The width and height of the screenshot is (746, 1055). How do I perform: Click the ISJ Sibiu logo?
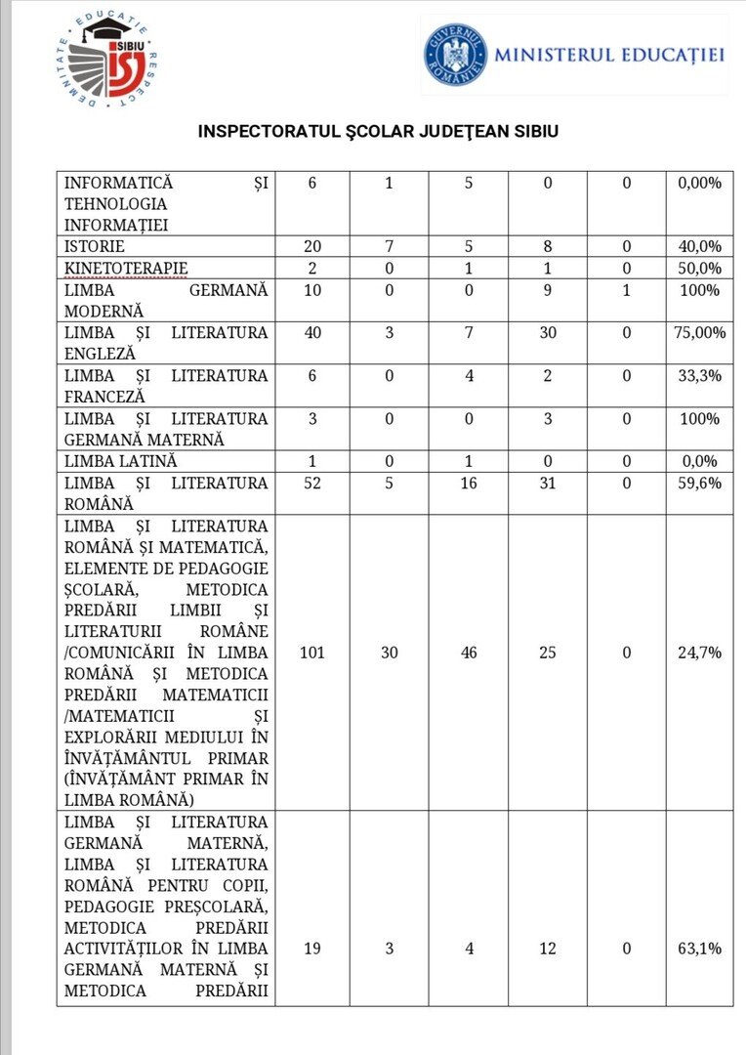click(x=105, y=61)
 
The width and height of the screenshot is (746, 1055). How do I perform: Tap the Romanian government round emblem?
click(x=454, y=54)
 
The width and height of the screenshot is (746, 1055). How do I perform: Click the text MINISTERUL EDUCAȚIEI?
click(x=608, y=55)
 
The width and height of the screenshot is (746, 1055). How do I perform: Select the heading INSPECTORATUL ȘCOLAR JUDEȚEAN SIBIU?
click(x=378, y=131)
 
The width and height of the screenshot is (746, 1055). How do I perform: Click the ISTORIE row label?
click(x=94, y=247)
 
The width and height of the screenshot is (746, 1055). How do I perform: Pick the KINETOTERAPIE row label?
click(x=126, y=269)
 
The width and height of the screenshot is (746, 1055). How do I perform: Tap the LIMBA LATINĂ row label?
click(x=121, y=461)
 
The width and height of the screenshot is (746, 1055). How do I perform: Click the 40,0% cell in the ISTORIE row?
click(x=699, y=247)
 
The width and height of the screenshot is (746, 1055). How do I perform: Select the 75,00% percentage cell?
click(x=699, y=333)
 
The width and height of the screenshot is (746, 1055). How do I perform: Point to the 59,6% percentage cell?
click(x=699, y=483)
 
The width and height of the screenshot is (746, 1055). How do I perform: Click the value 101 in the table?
click(x=311, y=653)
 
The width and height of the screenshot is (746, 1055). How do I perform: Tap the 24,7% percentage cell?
click(x=699, y=653)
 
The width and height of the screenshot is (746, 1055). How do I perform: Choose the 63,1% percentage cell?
click(x=699, y=949)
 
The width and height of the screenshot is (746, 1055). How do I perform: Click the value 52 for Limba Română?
click(x=311, y=483)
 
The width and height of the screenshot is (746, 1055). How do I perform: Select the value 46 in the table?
click(x=469, y=653)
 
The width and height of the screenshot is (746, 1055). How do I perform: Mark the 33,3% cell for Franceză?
click(x=699, y=376)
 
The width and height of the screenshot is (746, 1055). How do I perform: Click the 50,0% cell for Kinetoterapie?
click(x=699, y=269)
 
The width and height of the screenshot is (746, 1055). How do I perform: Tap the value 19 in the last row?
click(x=311, y=949)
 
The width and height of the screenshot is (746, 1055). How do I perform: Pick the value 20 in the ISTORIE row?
click(x=311, y=247)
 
